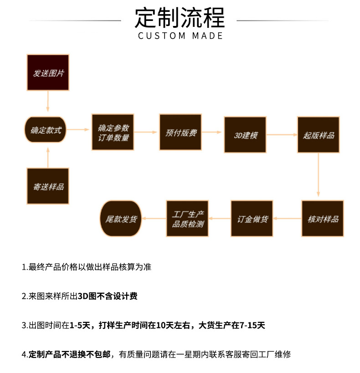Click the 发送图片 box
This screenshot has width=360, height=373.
[x=48, y=72]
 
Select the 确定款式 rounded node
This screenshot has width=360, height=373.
[x=46, y=129]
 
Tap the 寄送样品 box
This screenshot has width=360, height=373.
[x=48, y=186]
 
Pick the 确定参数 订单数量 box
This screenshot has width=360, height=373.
[x=113, y=132]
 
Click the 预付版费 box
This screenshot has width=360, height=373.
[x=180, y=132]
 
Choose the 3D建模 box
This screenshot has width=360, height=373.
[x=245, y=135]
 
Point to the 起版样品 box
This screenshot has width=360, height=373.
[x=319, y=135]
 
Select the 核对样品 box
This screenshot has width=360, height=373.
[x=323, y=219]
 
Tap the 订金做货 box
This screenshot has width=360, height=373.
[x=252, y=219]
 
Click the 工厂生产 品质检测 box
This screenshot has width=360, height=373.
[x=187, y=219]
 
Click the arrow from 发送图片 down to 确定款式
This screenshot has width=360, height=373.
[x=47, y=101]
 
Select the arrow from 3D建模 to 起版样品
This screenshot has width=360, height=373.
[x=281, y=135]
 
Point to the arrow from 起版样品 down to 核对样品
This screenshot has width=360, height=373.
[x=319, y=175]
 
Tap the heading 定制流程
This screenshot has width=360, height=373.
[x=180, y=18]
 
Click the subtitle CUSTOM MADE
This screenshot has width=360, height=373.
[x=180, y=36]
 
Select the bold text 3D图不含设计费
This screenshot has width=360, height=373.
[x=108, y=296]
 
